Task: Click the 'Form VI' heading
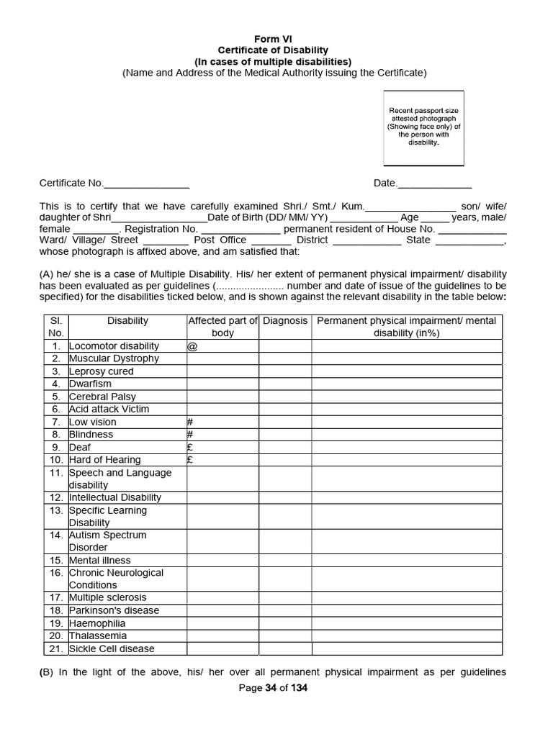(272, 39)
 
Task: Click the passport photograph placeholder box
(423, 127)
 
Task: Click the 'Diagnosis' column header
(285, 321)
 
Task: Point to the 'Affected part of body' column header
(222, 327)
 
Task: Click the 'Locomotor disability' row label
(114, 346)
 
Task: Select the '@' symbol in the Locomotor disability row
(192, 346)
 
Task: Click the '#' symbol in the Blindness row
(190, 435)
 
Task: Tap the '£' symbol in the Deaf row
(189, 447)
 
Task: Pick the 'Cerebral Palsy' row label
(102, 397)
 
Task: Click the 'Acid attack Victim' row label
(109, 409)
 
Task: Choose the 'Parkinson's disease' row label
(114, 610)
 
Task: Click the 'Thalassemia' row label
(98, 636)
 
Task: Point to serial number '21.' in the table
(56, 648)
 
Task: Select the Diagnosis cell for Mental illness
(285, 560)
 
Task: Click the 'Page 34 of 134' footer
(273, 688)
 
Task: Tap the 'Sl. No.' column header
(55, 327)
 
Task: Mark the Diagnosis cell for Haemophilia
(285, 623)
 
